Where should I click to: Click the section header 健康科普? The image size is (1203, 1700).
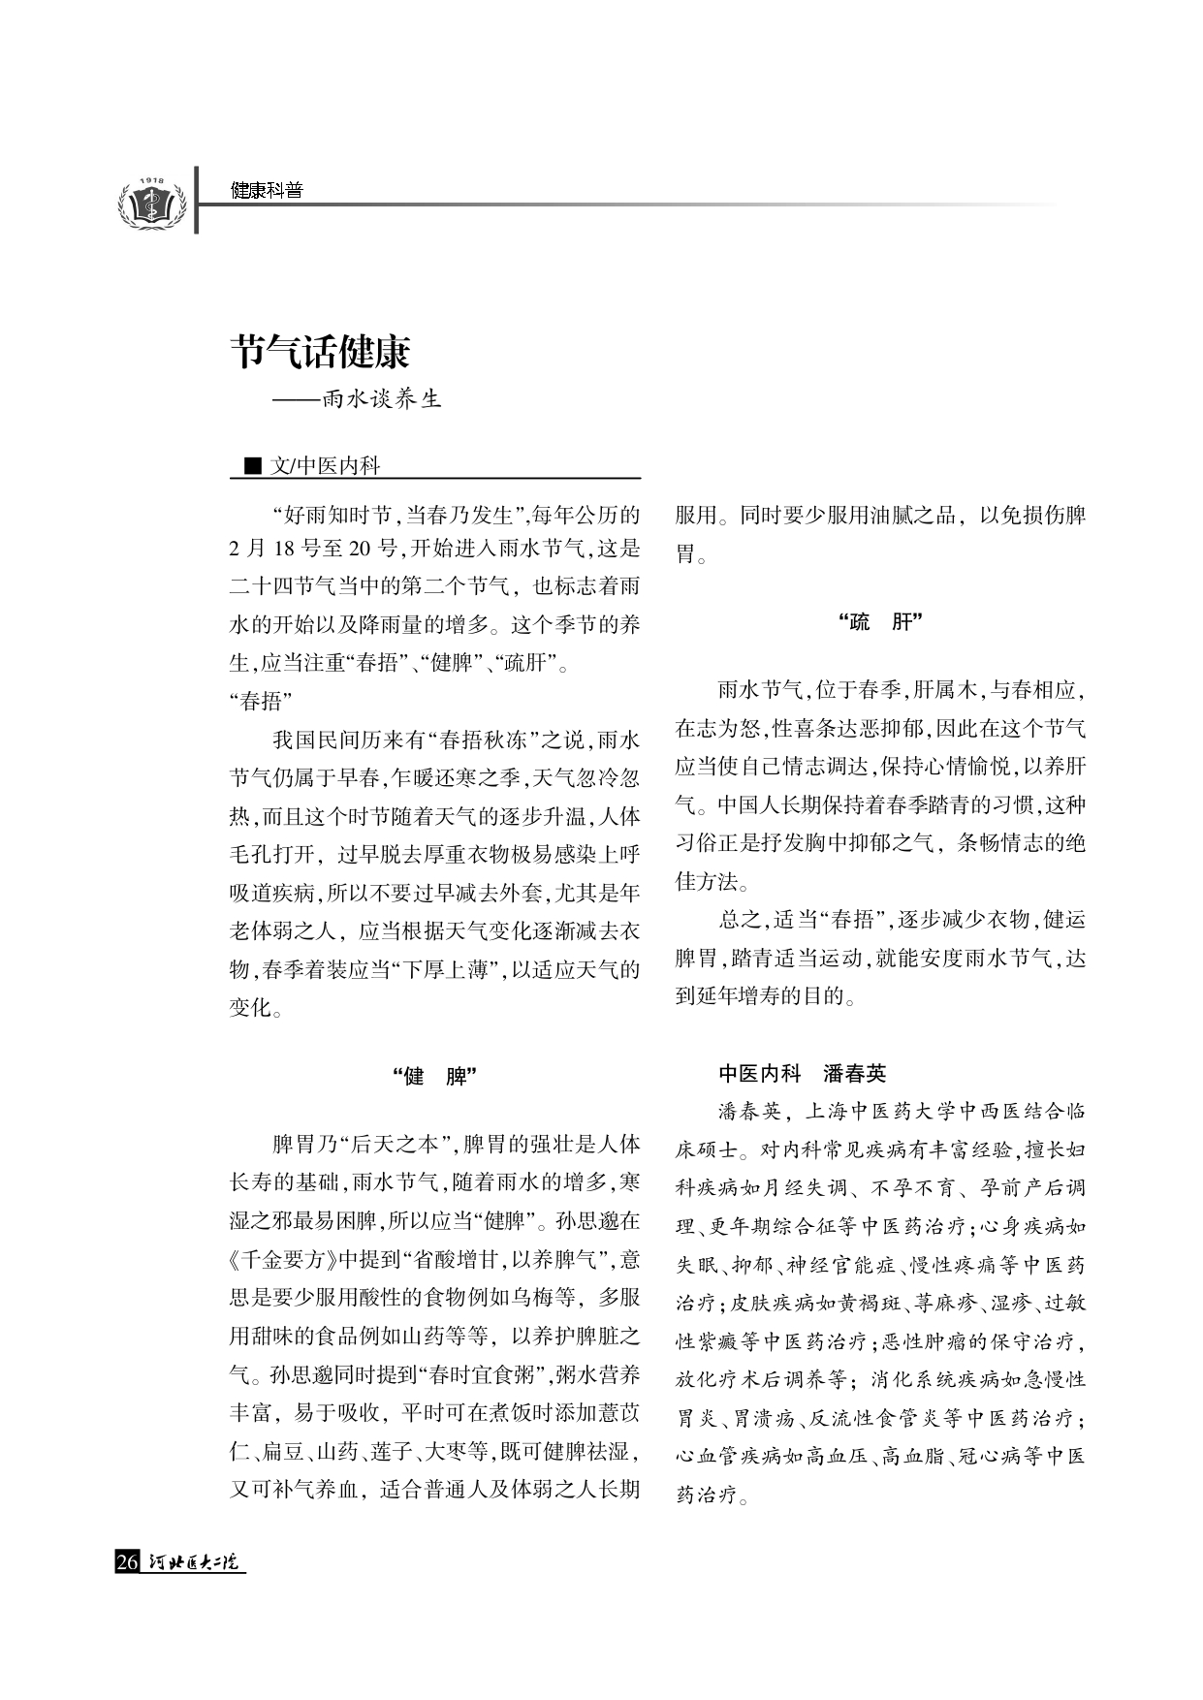pyautogui.click(x=267, y=191)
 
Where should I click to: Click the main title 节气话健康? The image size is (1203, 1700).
pyautogui.click(x=320, y=351)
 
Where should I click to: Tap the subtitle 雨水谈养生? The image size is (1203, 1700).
pyautogui.click(x=382, y=399)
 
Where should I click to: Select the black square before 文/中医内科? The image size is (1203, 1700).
pyautogui.click(x=253, y=466)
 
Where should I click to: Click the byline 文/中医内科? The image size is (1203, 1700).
pyautogui.click(x=326, y=466)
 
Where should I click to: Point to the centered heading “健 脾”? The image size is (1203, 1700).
pyautogui.click(x=435, y=1076)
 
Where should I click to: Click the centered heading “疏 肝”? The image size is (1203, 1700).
pyautogui.click(x=880, y=622)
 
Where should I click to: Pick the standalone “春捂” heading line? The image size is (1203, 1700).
pyautogui.click(x=261, y=702)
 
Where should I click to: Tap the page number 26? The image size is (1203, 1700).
pyautogui.click(x=127, y=1562)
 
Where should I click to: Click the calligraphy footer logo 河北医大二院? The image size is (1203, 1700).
pyautogui.click(x=194, y=1562)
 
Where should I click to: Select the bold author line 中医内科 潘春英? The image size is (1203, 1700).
pyautogui.click(x=802, y=1073)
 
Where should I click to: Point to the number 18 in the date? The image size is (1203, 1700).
pyautogui.click(x=284, y=549)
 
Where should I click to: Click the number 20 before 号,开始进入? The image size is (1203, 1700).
pyautogui.click(x=360, y=549)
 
